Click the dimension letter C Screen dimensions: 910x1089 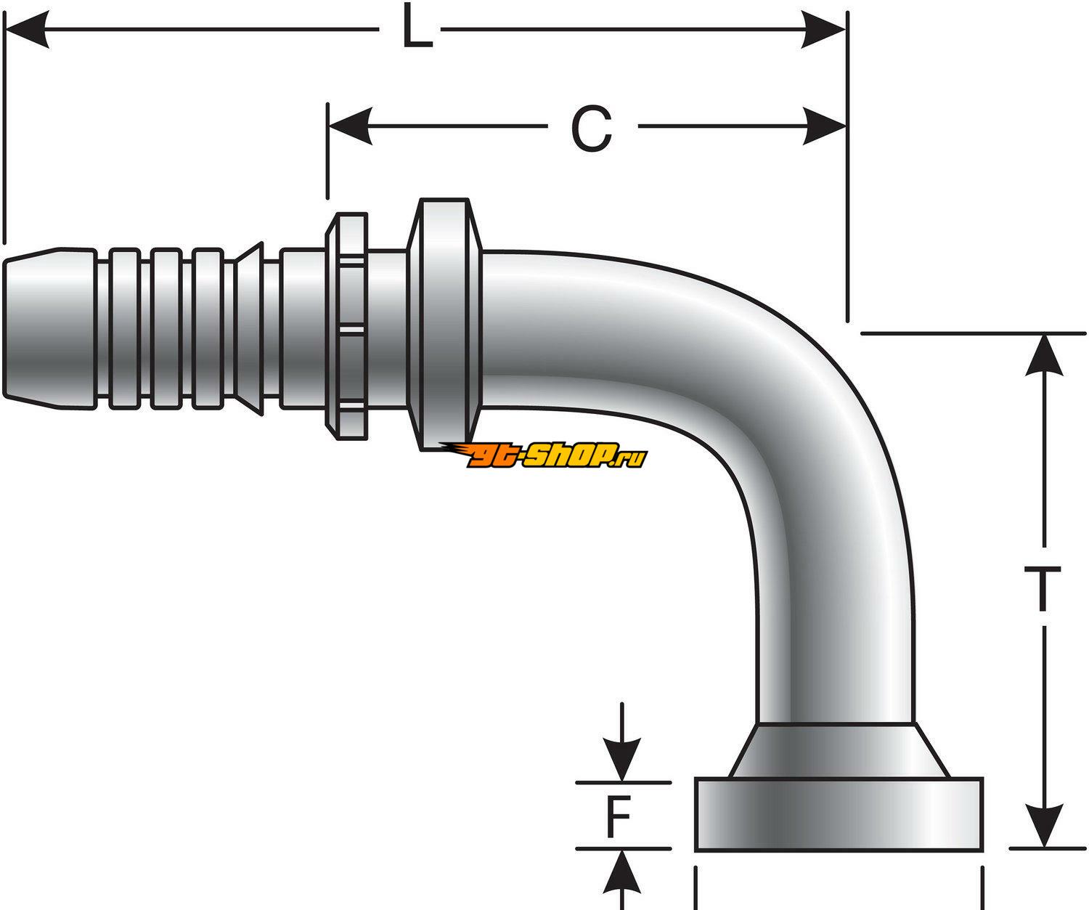591,129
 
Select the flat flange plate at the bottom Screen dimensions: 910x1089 839,814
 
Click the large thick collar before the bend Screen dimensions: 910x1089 443,323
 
